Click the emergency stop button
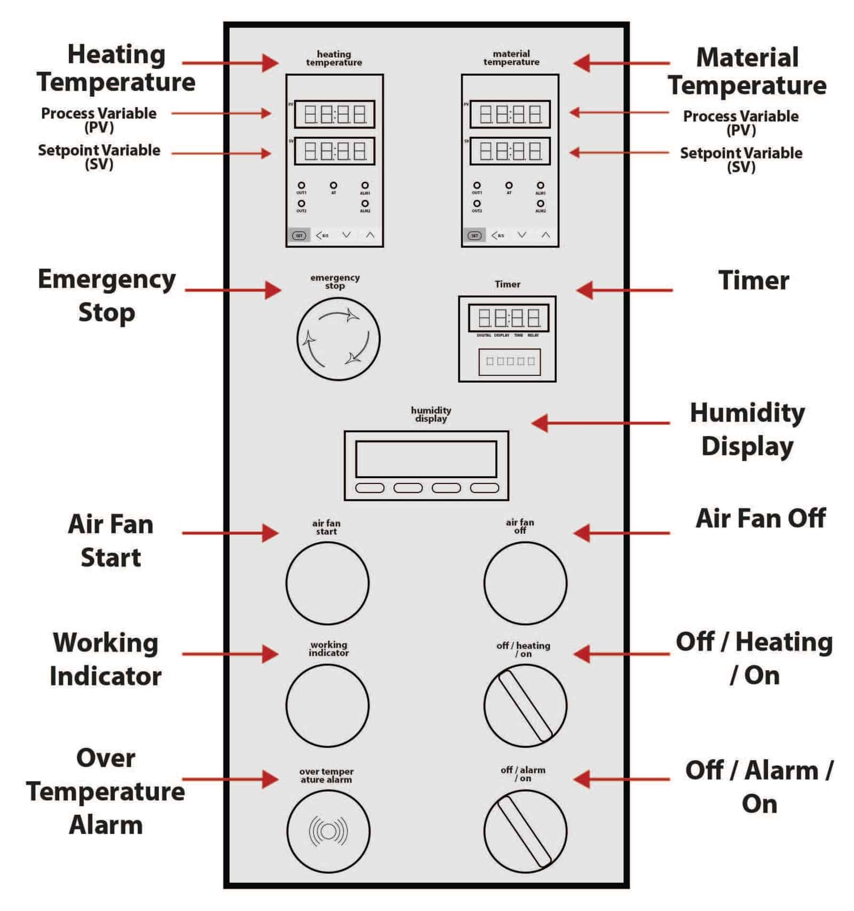click(338, 339)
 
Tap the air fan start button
click(327, 583)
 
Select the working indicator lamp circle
click(327, 705)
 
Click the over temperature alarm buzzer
click(328, 831)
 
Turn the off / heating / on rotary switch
click(525, 706)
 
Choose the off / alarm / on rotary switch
click(525, 831)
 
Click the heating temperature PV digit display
click(335, 114)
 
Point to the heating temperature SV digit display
click(335, 151)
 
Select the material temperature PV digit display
click(510, 114)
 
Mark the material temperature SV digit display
click(510, 151)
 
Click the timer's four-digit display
click(509, 319)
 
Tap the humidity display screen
click(426, 459)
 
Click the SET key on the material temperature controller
click(474, 235)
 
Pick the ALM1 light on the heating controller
click(365, 185)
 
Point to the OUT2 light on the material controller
click(477, 203)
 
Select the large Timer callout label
click(753, 281)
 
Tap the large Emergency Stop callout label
click(107, 296)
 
